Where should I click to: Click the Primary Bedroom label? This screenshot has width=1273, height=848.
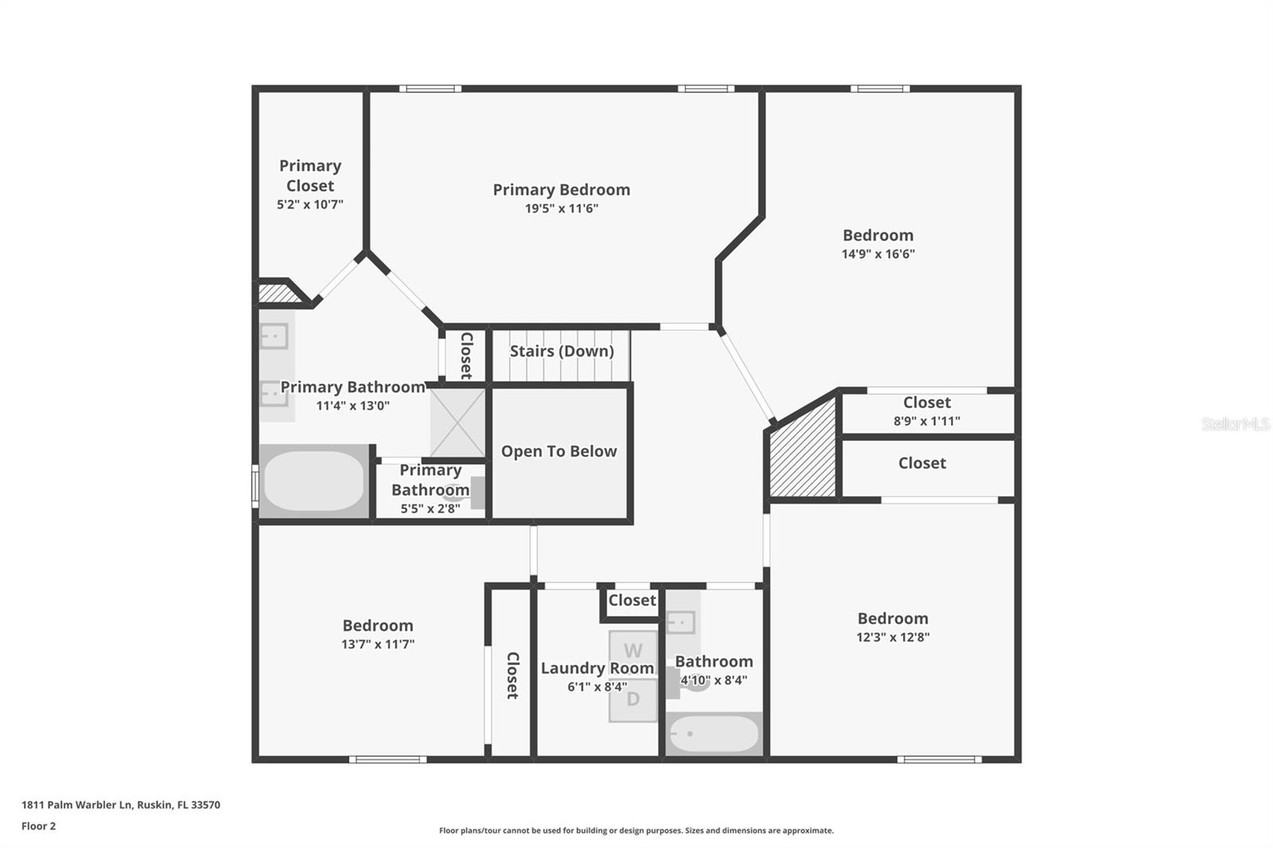tap(561, 189)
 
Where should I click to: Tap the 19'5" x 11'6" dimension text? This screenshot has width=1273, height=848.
tap(561, 208)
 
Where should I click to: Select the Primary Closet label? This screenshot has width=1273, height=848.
tap(310, 175)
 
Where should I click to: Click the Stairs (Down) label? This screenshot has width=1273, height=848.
tap(562, 351)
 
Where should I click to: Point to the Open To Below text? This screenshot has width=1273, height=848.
tap(559, 451)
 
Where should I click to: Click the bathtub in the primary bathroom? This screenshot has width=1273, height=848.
tap(313, 481)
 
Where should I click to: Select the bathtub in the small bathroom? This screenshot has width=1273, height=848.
tap(714, 734)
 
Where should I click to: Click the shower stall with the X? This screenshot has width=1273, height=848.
tap(457, 422)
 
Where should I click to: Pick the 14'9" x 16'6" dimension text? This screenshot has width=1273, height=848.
tap(878, 254)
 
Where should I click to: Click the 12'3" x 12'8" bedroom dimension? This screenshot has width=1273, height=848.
tap(893, 636)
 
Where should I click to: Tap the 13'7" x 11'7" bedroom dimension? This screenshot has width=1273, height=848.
tap(378, 644)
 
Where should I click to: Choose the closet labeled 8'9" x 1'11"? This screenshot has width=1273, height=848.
tap(927, 411)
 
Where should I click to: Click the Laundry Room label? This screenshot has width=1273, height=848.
tap(597, 668)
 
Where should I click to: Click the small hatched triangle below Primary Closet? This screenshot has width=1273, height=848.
tap(278, 294)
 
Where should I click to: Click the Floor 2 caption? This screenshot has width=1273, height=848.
tap(38, 826)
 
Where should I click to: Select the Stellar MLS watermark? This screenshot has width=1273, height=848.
tap(1235, 424)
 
